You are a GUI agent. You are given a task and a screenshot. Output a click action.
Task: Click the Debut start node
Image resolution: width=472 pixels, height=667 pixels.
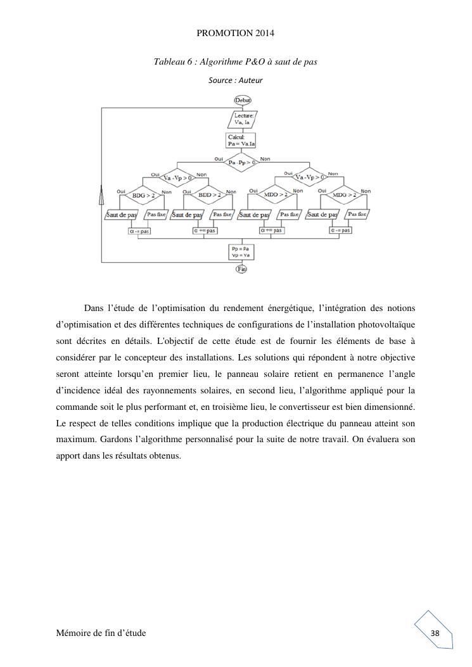point(243,99)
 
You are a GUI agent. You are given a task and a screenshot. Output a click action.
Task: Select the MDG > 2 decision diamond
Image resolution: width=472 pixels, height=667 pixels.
point(343,195)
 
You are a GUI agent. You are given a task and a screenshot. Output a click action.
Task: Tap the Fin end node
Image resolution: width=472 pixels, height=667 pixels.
point(241,269)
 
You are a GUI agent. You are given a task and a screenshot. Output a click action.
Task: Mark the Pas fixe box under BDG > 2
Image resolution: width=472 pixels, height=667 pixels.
point(157,215)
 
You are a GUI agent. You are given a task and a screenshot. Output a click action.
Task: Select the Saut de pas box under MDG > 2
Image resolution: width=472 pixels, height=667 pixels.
point(321,215)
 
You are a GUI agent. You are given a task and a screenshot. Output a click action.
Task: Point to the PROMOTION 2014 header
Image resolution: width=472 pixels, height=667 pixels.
point(236,32)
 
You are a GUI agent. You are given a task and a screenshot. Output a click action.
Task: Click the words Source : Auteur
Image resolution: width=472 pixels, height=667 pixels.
point(236,80)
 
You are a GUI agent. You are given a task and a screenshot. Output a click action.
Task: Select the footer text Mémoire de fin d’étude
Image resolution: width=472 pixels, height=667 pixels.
point(101,633)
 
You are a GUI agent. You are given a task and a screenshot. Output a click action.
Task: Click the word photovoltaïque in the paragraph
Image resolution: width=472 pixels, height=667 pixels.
point(386,324)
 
